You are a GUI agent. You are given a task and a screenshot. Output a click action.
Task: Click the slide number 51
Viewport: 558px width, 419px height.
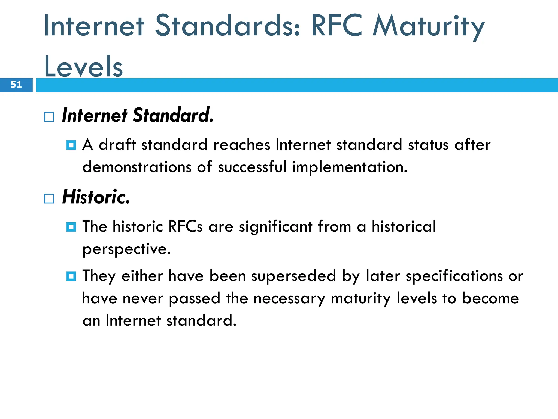(16, 85)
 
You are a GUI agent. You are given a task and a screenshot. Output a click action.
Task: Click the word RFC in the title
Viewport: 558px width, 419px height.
(336, 26)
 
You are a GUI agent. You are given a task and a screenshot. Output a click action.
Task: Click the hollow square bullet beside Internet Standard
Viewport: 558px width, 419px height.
(49, 117)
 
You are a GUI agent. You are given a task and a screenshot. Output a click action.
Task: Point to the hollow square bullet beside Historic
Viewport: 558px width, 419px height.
(49, 199)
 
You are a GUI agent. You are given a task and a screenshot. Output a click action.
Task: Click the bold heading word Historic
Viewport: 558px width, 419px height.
(96, 197)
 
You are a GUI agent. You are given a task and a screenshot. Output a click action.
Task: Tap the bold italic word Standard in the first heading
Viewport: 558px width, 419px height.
(173, 115)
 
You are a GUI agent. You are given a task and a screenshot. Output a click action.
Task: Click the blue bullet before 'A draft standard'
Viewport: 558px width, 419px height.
(71, 145)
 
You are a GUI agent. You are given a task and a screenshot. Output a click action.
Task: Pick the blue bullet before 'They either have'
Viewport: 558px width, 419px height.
(71, 276)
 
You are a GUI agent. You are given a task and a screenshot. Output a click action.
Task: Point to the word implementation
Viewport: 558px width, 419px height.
(349, 167)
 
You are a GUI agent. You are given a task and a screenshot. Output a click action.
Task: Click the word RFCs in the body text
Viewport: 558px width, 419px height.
(185, 226)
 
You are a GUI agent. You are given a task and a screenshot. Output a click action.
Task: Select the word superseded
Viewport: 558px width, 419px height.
(293, 276)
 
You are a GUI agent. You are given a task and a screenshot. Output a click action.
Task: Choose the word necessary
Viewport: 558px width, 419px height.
(289, 298)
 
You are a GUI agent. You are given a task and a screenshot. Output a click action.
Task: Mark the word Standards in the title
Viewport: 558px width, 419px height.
(228, 26)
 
